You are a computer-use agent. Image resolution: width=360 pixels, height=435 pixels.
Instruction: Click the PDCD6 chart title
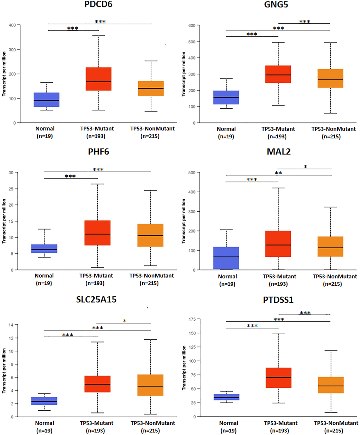click(x=98, y=5)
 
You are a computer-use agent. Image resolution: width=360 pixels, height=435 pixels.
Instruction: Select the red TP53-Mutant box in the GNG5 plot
click(x=278, y=74)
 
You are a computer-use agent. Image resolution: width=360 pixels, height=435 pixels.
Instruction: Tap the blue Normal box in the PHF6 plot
click(x=44, y=248)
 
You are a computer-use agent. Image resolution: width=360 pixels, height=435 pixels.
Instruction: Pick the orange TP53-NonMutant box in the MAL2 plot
click(x=331, y=246)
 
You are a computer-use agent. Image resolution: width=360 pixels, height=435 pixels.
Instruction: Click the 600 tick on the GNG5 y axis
click(x=192, y=25)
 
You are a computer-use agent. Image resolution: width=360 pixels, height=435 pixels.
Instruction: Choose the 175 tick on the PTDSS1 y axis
click(x=192, y=319)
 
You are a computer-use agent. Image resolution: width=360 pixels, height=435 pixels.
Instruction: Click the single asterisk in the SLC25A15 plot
click(x=125, y=321)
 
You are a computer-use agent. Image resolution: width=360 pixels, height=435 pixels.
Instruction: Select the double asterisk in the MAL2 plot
click(x=278, y=173)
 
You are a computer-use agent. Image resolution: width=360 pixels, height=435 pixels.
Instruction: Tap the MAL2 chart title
click(x=278, y=152)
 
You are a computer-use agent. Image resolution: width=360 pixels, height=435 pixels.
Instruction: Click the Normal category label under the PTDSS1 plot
click(x=229, y=423)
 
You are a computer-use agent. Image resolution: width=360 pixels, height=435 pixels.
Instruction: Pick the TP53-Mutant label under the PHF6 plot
click(x=96, y=276)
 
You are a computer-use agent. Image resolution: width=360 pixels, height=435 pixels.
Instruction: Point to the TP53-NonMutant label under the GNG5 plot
click(x=334, y=129)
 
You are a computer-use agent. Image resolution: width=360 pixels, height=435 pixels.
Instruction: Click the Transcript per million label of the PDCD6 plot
click(x=4, y=74)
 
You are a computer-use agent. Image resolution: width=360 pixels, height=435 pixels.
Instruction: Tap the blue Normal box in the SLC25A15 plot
click(x=44, y=401)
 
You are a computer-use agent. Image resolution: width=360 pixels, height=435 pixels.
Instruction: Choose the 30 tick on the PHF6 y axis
click(x=11, y=173)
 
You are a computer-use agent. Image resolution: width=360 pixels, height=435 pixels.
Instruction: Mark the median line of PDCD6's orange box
click(x=151, y=88)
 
